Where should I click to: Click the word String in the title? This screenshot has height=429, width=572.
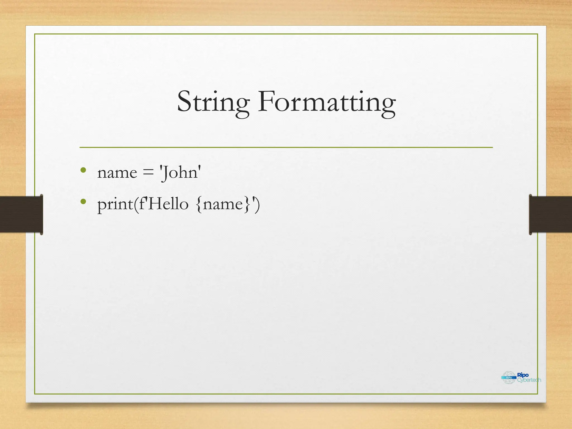(213, 102)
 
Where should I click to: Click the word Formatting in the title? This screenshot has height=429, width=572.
(326, 102)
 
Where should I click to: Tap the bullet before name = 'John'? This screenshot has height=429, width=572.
(83, 170)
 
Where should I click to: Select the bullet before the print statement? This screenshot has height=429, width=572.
(83, 201)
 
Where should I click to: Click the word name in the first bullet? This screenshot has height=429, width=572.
(117, 173)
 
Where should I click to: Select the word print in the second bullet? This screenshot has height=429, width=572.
(115, 205)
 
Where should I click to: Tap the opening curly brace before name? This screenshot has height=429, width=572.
(199, 204)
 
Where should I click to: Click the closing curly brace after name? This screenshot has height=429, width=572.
(247, 204)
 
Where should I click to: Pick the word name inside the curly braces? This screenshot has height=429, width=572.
(223, 204)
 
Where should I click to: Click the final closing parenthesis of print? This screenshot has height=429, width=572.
(257, 204)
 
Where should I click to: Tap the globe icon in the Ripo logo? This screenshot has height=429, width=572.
(509, 378)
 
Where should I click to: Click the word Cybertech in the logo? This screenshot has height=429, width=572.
(529, 380)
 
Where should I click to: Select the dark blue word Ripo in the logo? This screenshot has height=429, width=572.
(523, 375)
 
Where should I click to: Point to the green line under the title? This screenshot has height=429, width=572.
(286, 147)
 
